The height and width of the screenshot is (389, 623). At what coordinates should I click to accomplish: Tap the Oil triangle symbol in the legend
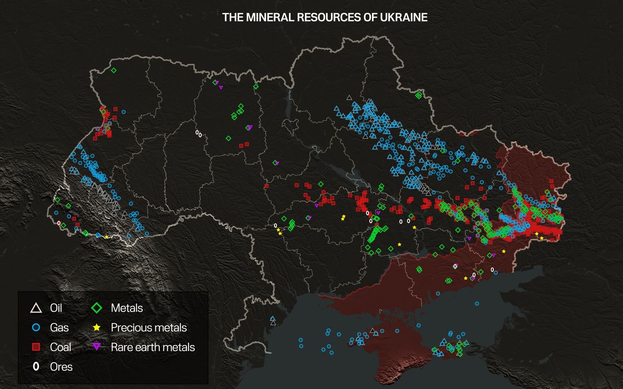[x=35, y=308]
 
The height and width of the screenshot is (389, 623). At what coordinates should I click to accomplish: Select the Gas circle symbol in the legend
[x=35, y=327]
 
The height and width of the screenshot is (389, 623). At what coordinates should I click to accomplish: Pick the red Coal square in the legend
[x=35, y=347]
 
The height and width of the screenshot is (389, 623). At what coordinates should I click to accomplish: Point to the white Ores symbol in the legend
[x=35, y=366]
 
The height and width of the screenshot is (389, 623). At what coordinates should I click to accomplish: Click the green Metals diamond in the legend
[x=97, y=308]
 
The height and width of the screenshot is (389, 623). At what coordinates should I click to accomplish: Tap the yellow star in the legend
[x=97, y=327]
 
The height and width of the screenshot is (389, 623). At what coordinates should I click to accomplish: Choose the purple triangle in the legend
[x=97, y=347]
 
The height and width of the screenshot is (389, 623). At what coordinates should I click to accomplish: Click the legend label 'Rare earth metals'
[x=153, y=347]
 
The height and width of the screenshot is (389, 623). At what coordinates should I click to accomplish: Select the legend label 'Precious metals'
[x=149, y=327]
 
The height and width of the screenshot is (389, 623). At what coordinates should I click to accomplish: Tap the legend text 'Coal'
[x=61, y=347]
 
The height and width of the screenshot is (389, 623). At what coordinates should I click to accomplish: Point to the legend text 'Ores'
[x=61, y=366]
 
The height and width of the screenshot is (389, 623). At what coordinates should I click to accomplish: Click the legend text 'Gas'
[x=59, y=327]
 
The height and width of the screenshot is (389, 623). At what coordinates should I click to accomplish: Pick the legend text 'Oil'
[x=56, y=308]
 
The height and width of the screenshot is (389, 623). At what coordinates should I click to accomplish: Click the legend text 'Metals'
[x=127, y=308]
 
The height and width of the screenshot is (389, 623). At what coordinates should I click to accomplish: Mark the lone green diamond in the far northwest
[x=114, y=70]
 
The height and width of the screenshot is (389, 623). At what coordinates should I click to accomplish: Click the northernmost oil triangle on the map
[x=348, y=97]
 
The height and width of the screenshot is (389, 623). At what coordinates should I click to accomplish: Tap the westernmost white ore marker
[x=58, y=223]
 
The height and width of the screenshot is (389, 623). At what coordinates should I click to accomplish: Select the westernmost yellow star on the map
[x=106, y=237]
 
